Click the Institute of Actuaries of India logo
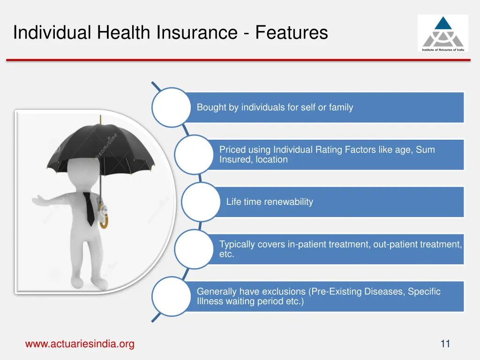click(442, 33)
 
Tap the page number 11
click(445, 344)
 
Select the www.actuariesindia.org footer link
click(80, 344)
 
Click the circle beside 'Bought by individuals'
click(171, 107)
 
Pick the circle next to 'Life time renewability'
click(201, 202)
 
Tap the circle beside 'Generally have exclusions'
click(171, 296)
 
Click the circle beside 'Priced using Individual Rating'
click(194, 155)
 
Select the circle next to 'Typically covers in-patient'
click(194, 249)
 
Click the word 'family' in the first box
click(341, 107)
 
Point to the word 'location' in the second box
click(271, 160)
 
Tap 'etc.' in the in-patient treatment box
click(226, 255)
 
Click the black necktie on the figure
click(90, 209)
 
